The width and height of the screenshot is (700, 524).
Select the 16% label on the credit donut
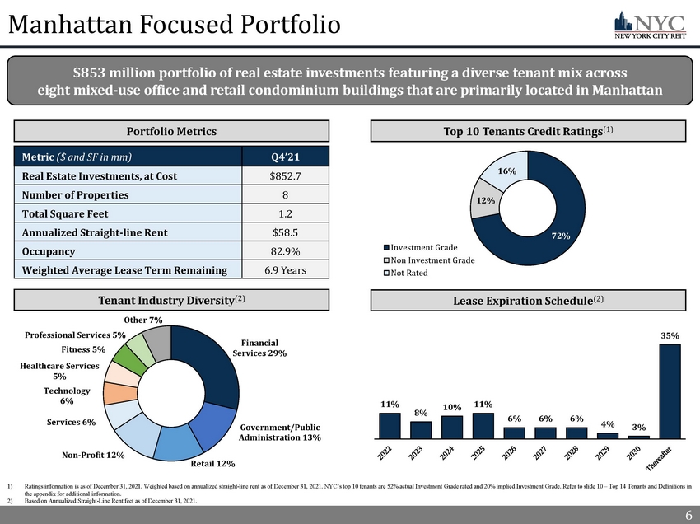point(507,171)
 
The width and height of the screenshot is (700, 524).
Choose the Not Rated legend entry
point(408,274)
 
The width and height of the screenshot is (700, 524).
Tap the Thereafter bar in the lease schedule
point(670,391)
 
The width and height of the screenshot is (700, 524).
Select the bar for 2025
point(483,426)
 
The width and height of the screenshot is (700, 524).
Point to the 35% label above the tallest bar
point(670,336)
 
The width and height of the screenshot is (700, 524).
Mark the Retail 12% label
point(213,464)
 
